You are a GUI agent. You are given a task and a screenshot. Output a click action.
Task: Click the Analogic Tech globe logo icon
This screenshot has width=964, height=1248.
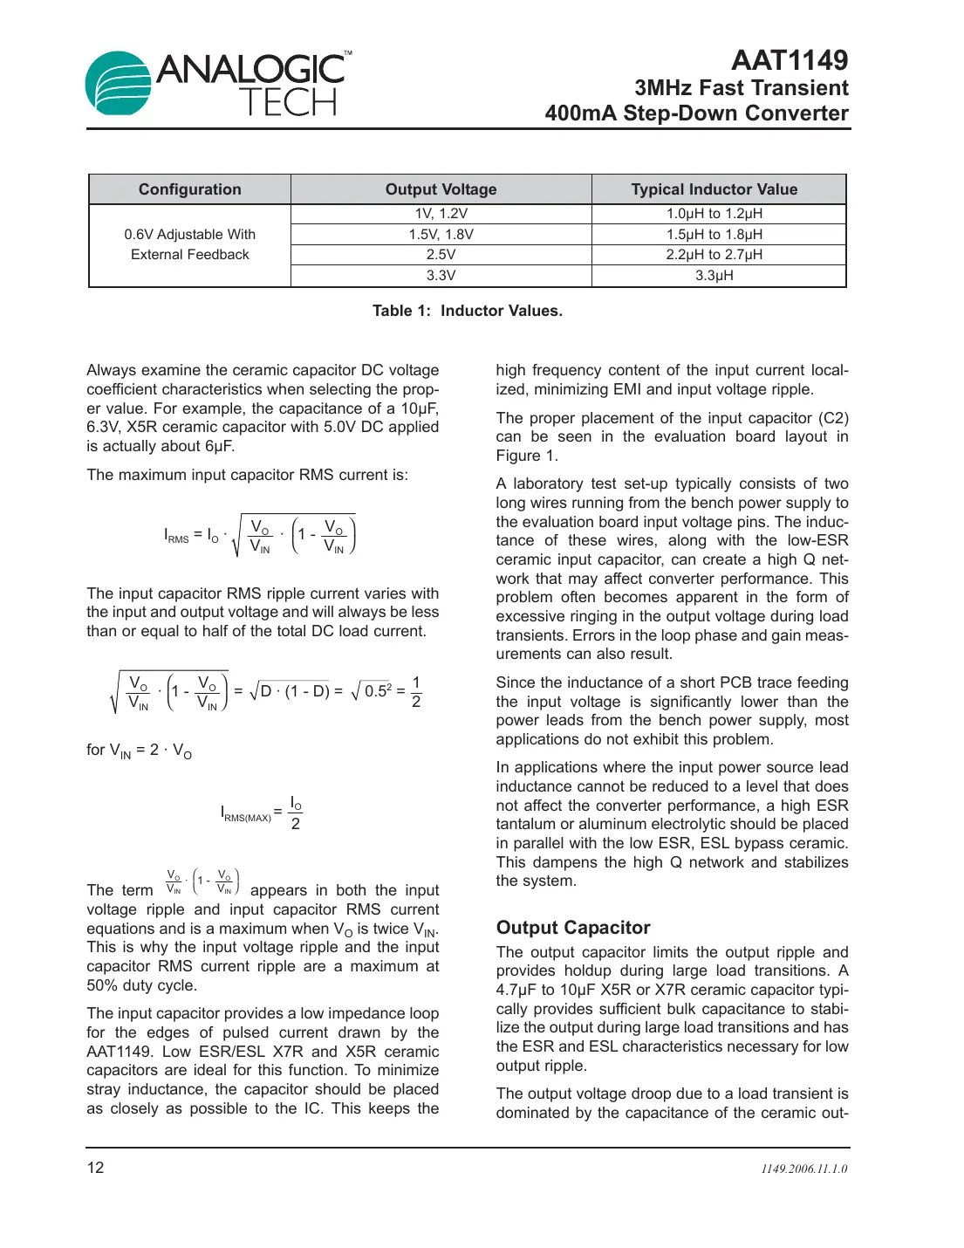point(119,83)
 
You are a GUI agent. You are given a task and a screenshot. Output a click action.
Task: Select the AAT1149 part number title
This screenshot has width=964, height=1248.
point(789,60)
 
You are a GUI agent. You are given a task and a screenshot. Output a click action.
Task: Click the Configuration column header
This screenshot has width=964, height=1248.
point(189,189)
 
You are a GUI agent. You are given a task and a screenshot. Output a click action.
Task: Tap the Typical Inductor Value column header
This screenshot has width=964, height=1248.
point(714,189)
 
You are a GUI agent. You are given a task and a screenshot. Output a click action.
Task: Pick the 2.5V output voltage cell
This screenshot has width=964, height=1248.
point(441,255)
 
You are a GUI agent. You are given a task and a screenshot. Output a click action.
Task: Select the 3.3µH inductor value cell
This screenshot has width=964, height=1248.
point(714,276)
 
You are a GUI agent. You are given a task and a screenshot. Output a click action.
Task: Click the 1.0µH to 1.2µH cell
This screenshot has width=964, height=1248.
point(714,214)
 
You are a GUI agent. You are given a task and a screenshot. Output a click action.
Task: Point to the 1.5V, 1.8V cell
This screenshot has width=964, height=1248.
point(441,235)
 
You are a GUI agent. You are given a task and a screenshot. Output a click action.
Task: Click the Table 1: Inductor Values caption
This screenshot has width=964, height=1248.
point(467,311)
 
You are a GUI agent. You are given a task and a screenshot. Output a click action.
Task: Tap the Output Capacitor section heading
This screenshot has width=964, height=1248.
point(573,928)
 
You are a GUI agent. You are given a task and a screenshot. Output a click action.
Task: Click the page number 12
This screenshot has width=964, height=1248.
point(95,1168)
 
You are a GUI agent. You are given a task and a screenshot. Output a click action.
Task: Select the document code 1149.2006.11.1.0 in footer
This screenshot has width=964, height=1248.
point(803,1169)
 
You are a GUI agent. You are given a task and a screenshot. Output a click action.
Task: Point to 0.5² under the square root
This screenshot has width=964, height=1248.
point(378,691)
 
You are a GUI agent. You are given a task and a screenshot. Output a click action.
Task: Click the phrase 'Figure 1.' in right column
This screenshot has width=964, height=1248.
point(526,456)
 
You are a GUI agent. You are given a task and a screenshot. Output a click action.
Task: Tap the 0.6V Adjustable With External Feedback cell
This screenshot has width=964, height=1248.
point(189,244)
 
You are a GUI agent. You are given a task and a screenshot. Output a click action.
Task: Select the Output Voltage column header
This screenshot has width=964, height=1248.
point(441,189)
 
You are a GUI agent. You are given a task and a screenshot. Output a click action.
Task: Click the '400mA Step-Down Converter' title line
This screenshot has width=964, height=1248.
point(696,113)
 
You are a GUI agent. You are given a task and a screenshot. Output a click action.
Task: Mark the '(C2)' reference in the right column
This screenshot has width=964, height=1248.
point(832,418)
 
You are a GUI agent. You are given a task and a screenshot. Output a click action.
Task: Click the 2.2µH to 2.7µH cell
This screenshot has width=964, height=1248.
point(714,255)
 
